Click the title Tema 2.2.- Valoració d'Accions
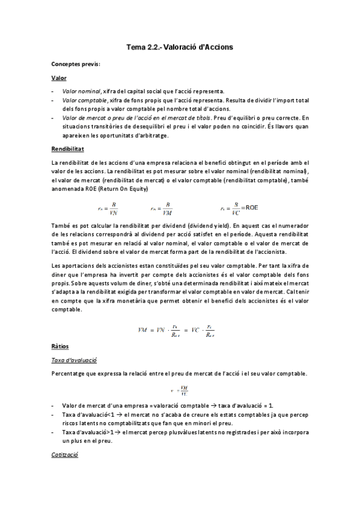pyautogui.click(x=180, y=46)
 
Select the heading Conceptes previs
pyautogui.click(x=76, y=64)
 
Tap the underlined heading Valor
pyautogui.click(x=59, y=78)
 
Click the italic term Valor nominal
pyautogui.click(x=81, y=91)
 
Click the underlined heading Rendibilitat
pyautogui.click(x=67, y=149)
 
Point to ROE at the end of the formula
pyautogui.click(x=251, y=207)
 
